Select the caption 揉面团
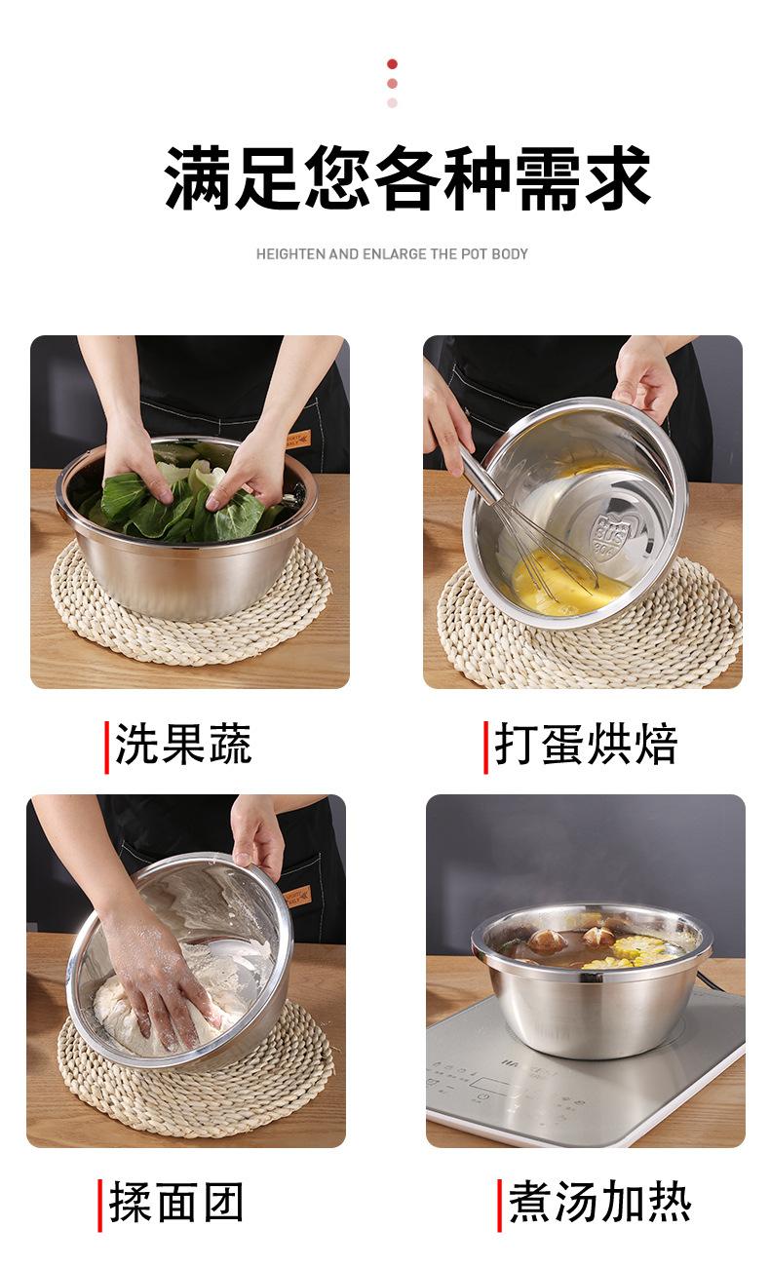point(176,1202)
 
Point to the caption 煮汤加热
point(599,1202)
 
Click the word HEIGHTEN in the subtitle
point(291,254)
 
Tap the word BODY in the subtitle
point(510,254)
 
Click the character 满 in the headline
point(199,178)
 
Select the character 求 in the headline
point(618,178)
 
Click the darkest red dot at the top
point(392,64)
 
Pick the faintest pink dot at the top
point(392,102)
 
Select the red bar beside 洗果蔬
point(106,748)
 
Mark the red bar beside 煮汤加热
point(499,1206)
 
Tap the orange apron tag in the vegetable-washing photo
point(297,439)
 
